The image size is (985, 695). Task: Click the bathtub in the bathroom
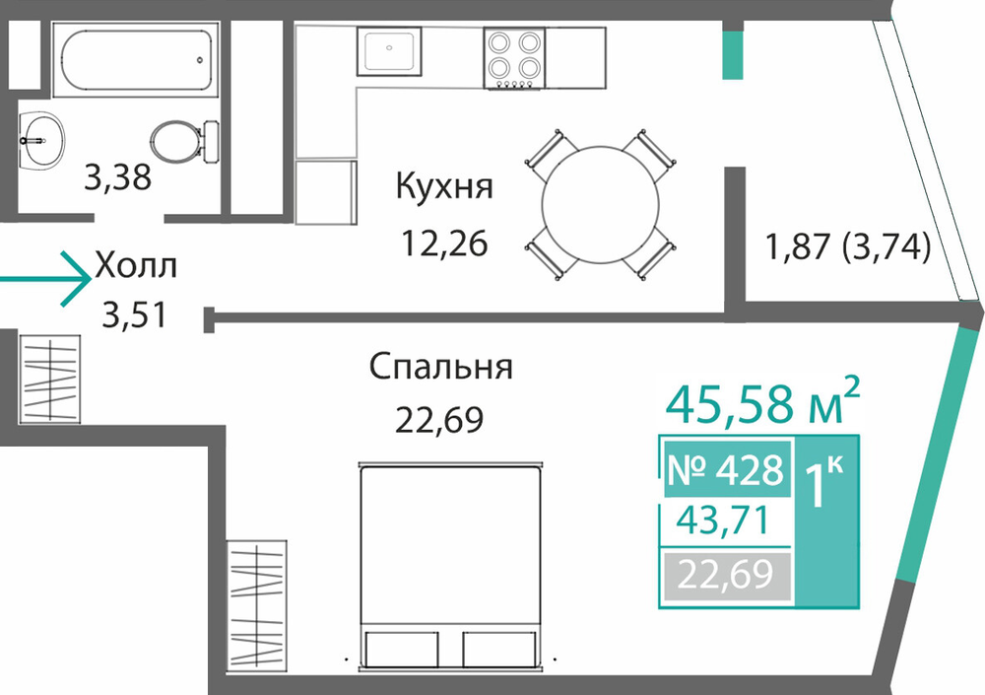(136, 60)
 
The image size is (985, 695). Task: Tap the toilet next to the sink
(184, 142)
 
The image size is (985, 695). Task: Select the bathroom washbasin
(41, 141)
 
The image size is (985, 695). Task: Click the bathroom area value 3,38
(117, 176)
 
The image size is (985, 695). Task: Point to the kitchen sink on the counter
(389, 51)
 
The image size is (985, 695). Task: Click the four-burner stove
(514, 58)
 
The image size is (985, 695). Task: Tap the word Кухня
(444, 186)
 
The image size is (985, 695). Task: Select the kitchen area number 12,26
(444, 243)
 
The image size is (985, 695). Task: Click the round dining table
(601, 205)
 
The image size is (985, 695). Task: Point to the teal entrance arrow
(45, 279)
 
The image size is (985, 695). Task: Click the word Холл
(136, 266)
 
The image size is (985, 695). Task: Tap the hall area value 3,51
(134, 314)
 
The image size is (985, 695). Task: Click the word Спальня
(440, 366)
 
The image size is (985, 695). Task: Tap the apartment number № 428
(726, 469)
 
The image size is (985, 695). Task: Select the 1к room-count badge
(824, 482)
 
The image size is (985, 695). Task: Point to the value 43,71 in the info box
(722, 521)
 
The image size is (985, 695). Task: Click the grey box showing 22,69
(726, 575)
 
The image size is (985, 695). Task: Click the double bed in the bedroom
(450, 566)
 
